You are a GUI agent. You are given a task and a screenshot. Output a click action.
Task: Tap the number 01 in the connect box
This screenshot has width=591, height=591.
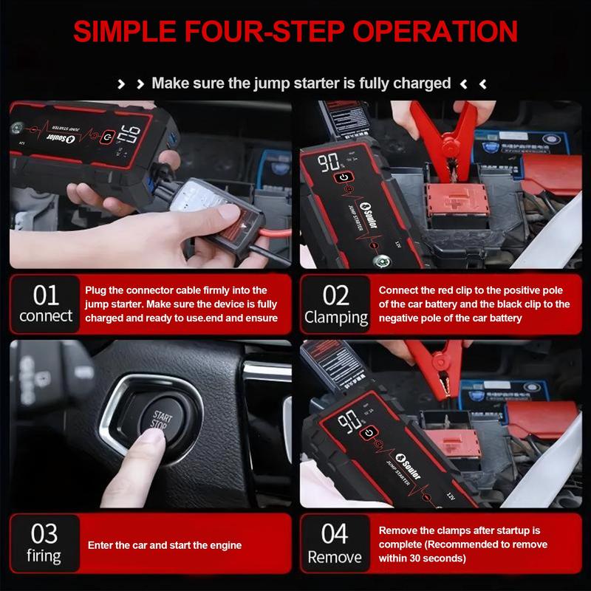point(46,295)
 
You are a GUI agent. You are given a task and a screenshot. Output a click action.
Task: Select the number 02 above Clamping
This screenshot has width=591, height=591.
point(336,295)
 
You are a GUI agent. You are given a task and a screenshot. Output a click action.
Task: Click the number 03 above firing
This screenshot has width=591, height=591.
point(44,533)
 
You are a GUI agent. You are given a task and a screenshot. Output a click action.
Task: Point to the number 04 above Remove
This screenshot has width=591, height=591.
point(335,533)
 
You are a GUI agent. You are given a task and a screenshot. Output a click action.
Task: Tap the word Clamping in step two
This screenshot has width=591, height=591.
point(336,318)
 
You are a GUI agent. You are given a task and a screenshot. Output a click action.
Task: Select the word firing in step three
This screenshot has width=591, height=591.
point(44,556)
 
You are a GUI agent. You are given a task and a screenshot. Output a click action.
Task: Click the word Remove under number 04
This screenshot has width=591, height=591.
point(335,556)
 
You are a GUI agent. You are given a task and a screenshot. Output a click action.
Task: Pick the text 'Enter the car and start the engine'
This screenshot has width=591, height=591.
point(165,545)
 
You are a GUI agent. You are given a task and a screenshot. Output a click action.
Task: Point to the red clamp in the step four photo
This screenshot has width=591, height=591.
point(440,361)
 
